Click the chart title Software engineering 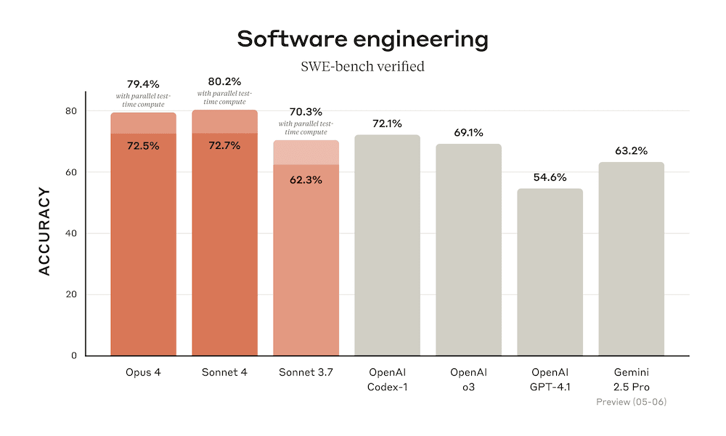(x=362, y=40)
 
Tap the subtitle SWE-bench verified (x=362, y=67)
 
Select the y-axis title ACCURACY (x=44, y=232)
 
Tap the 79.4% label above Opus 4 (x=143, y=85)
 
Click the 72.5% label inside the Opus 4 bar (x=143, y=145)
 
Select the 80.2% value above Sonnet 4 (x=224, y=82)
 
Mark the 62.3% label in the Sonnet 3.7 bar (x=306, y=179)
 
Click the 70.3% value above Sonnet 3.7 (x=306, y=112)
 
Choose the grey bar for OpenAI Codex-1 (x=387, y=247)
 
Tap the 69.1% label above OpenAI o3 (x=468, y=133)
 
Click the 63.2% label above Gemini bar (x=631, y=151)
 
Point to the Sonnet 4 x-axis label (x=224, y=373)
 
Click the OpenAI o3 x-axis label (x=468, y=379)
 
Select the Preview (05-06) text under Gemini (x=631, y=401)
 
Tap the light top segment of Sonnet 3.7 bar (x=306, y=153)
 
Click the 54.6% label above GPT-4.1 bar (x=550, y=177)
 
